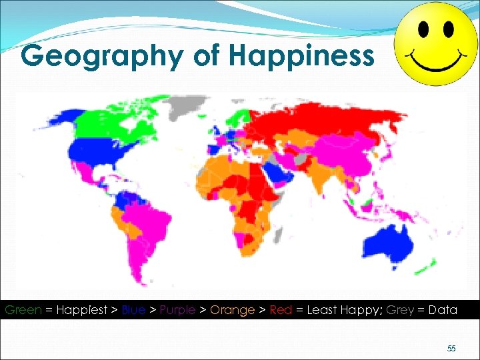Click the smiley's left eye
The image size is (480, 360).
[x=423, y=29]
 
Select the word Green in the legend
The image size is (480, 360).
[x=23, y=310]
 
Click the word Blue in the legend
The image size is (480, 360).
[x=134, y=310]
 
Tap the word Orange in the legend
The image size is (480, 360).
[x=233, y=310]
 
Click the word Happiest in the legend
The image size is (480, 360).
[x=83, y=310]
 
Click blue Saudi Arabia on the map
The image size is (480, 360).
[x=276, y=172]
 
